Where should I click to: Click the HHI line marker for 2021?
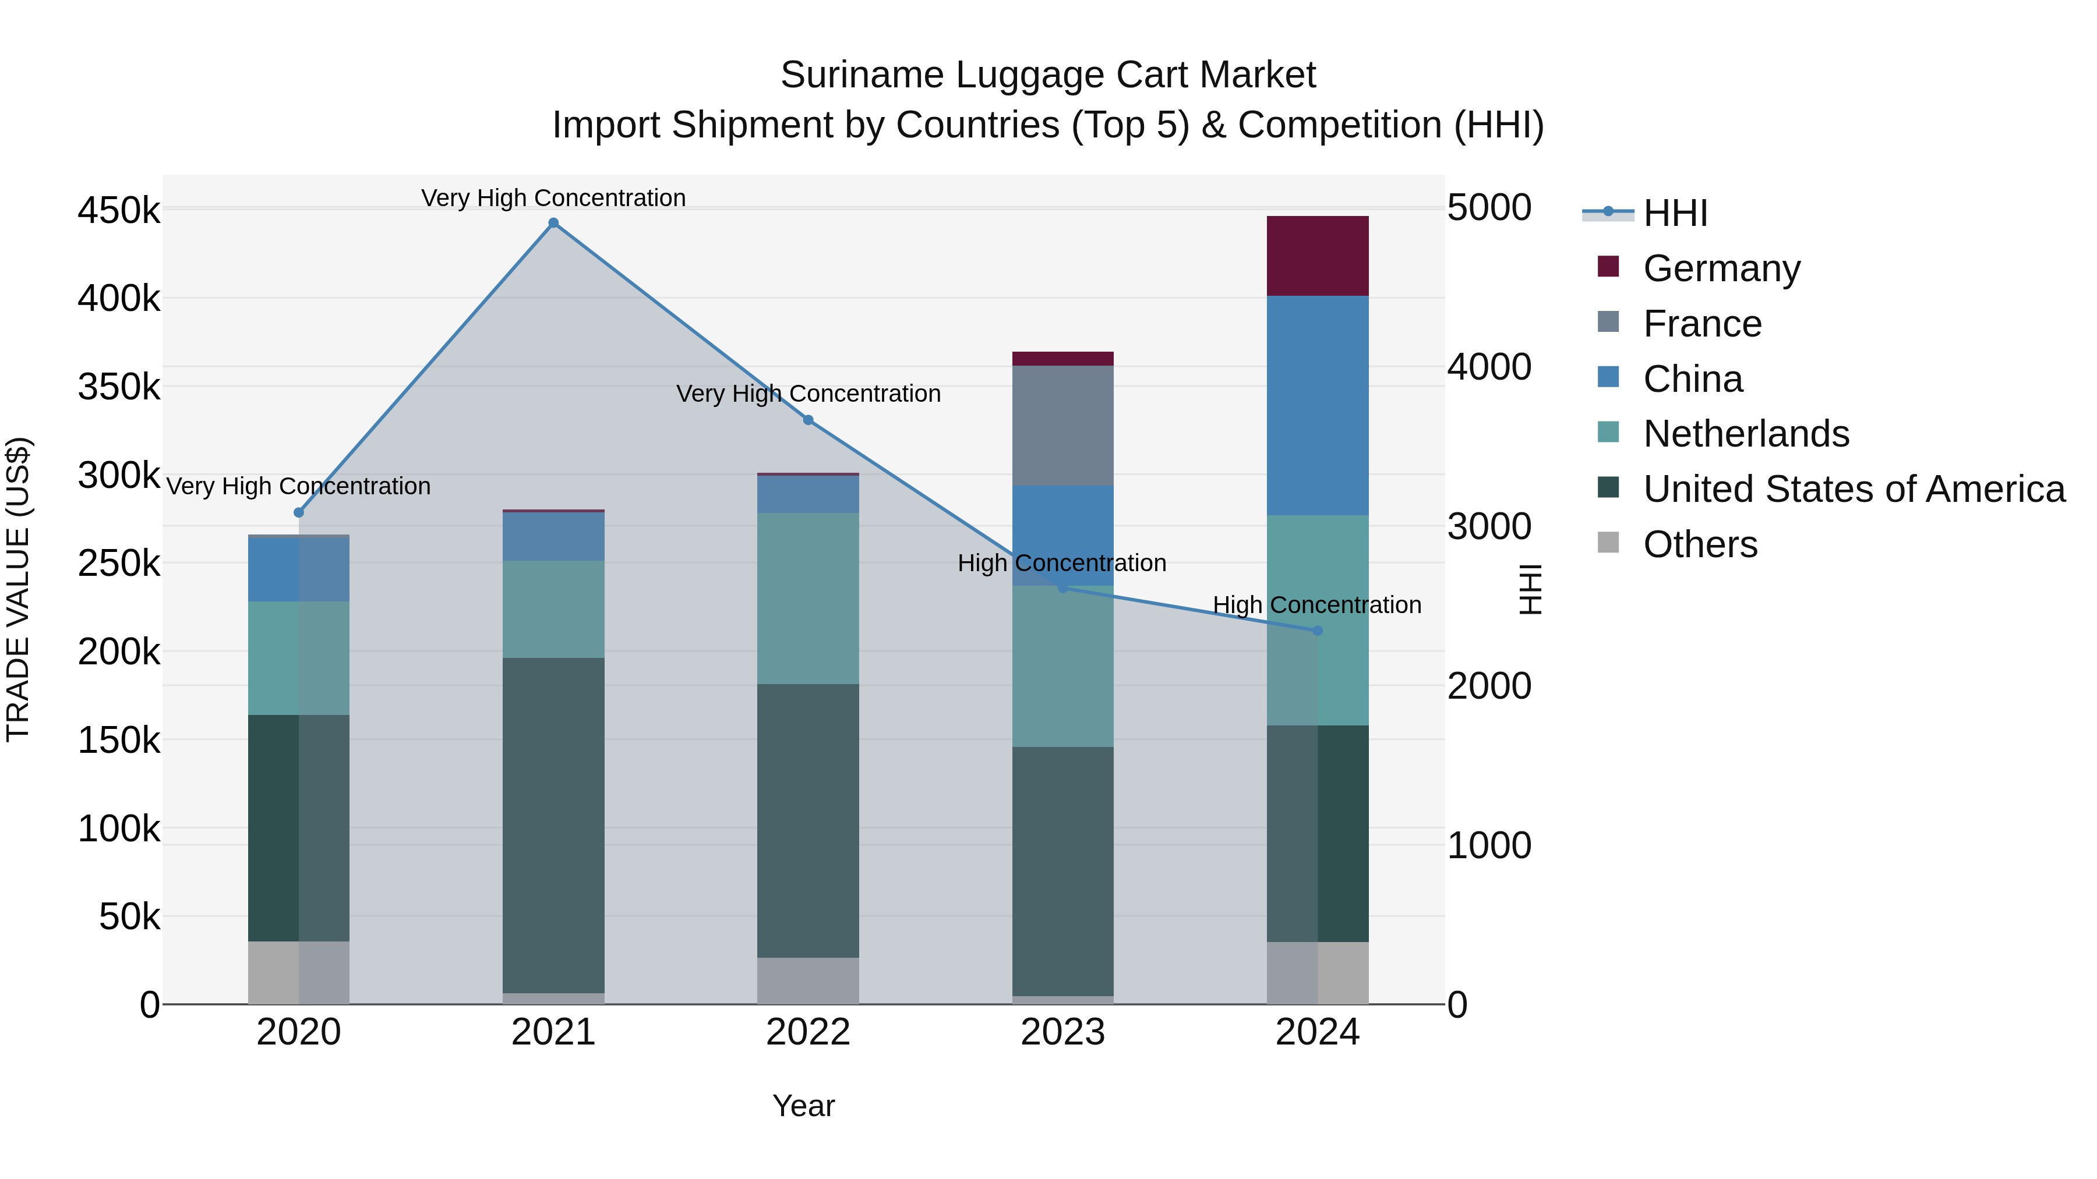(553, 223)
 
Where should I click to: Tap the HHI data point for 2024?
(1318, 631)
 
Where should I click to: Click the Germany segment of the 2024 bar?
(1318, 256)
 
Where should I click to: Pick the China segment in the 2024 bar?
(1318, 405)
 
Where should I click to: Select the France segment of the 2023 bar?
(1062, 426)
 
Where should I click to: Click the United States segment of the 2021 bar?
(553, 824)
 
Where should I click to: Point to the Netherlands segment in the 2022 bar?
(809, 598)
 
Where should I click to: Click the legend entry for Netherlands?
(1745, 434)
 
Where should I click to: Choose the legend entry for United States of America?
(1854, 489)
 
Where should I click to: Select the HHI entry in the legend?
(1675, 213)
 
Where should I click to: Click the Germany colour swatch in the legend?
(1608, 267)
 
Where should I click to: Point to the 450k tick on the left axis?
(119, 211)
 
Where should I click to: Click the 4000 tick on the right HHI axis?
(1489, 367)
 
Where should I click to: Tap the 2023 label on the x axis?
(1062, 1032)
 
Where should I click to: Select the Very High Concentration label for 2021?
(553, 199)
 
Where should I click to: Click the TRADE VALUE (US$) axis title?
(18, 589)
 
